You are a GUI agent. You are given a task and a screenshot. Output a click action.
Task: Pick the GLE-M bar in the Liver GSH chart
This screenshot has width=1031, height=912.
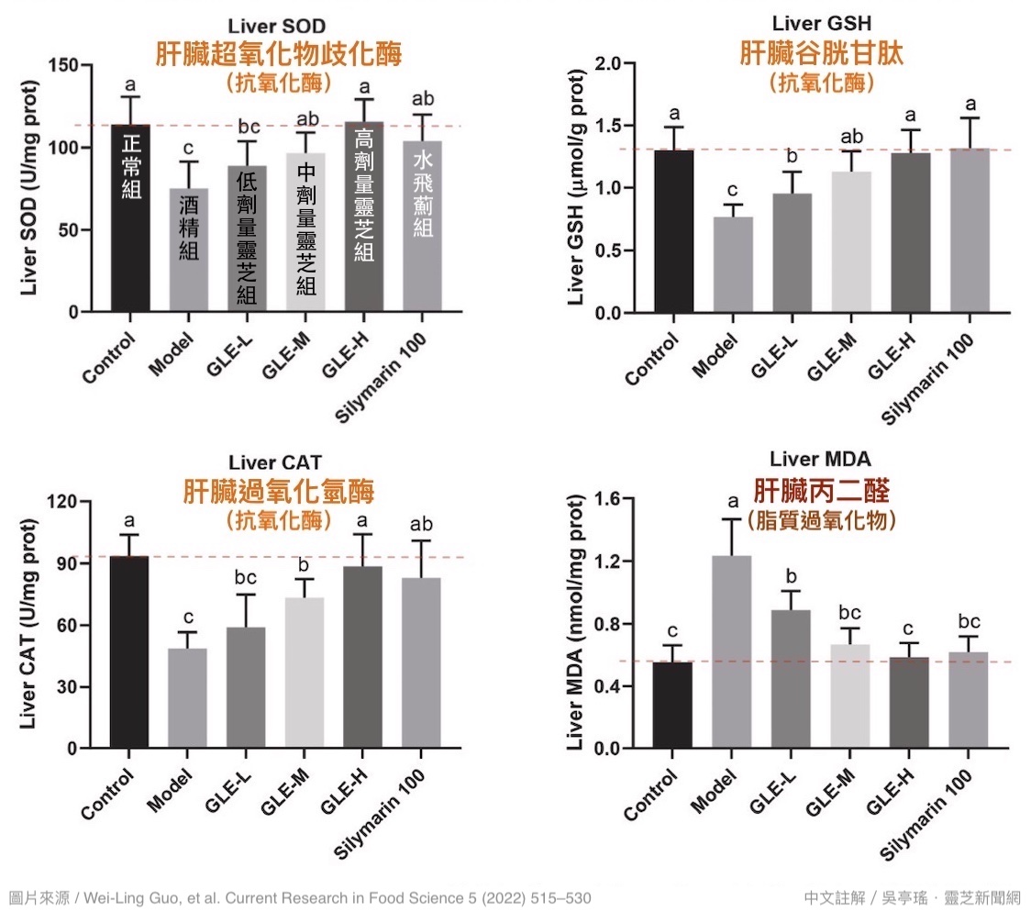(x=851, y=242)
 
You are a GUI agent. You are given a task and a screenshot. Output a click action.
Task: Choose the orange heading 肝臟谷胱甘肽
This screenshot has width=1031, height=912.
(x=821, y=54)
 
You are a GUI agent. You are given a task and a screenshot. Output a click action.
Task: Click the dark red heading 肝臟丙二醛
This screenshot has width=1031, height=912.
(x=821, y=490)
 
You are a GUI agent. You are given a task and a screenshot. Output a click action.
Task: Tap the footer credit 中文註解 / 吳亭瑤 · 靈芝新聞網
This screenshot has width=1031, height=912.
(x=912, y=897)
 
